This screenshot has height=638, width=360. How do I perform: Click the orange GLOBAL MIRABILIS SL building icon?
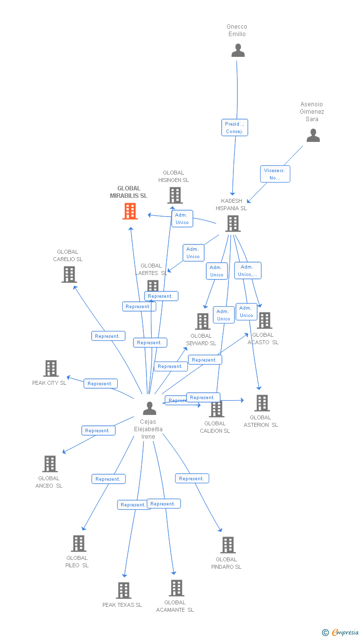[130, 211]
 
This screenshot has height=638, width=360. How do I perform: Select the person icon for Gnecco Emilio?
[238, 50]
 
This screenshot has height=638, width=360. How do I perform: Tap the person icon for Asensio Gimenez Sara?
[313, 135]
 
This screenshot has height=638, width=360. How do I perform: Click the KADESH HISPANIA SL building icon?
[232, 224]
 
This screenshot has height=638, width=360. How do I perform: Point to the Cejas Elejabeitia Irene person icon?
[149, 408]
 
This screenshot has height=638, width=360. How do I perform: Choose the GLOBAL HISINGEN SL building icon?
[175, 195]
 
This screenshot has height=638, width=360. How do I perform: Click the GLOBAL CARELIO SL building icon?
[69, 274]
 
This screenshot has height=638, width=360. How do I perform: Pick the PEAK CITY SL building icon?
[51, 368]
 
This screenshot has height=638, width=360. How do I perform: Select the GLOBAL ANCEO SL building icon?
[50, 464]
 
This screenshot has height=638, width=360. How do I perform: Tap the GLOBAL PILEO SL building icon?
[79, 544]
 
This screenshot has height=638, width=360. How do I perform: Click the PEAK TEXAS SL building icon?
[124, 591]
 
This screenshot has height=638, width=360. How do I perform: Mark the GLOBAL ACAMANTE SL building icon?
[177, 588]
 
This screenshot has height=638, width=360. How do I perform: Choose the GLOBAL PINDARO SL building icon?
[227, 545]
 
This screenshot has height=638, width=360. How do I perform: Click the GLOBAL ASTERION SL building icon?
[262, 403]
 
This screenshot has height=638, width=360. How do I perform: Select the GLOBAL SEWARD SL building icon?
[203, 321]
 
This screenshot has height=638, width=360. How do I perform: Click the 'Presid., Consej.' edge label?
[234, 128]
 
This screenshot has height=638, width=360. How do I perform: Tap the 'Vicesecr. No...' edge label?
[275, 174]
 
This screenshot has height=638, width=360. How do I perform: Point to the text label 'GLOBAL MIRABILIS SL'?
[129, 192]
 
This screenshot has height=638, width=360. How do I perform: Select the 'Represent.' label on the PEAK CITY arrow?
[100, 383]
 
